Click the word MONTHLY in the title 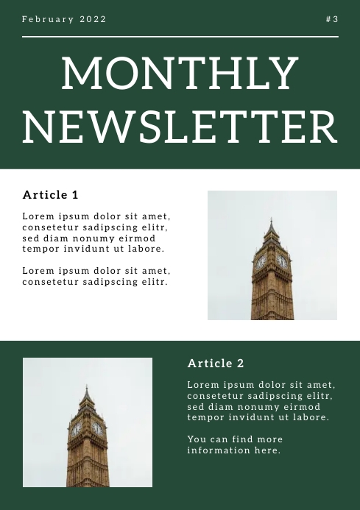(x=180, y=74)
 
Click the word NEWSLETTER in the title (x=180, y=127)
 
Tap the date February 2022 (x=64, y=19)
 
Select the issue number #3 (x=332, y=19)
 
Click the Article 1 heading (x=50, y=195)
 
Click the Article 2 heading (x=216, y=364)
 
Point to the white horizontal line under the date (x=180, y=36)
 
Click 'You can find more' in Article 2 (x=235, y=439)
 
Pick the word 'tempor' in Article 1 (x=40, y=249)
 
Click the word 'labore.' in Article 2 (x=309, y=417)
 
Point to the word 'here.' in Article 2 (x=267, y=450)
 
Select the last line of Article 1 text (x=95, y=282)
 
